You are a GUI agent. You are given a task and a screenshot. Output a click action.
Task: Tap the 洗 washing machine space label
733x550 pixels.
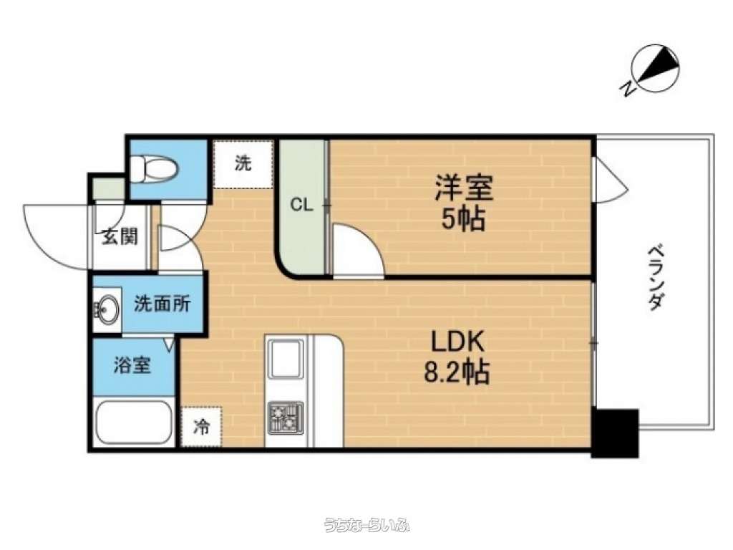[243, 163]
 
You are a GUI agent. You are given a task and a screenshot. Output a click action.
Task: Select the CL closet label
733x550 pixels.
[301, 204]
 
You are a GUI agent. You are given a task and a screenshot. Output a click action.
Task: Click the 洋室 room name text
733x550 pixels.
[464, 188]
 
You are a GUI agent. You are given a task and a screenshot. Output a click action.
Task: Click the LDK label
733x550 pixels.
[457, 342]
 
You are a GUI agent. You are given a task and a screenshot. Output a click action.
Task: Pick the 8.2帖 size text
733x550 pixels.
[457, 372]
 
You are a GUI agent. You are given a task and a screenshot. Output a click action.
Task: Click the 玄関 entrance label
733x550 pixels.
[120, 236]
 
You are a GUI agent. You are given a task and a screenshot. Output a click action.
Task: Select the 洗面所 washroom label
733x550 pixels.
[162, 304]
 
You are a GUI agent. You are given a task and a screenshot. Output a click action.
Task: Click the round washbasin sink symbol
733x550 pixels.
[107, 309]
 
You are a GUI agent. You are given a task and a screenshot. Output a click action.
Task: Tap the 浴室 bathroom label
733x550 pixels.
[132, 365]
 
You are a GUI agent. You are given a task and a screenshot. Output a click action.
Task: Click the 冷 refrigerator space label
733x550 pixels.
[202, 426]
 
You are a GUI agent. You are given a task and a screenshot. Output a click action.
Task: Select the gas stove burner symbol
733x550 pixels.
[285, 418]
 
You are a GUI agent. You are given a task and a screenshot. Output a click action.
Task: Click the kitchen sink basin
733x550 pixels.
[285, 359]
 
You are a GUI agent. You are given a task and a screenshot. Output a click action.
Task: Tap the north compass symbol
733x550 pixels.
[653, 69]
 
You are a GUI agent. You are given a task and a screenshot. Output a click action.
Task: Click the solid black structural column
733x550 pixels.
[615, 433]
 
